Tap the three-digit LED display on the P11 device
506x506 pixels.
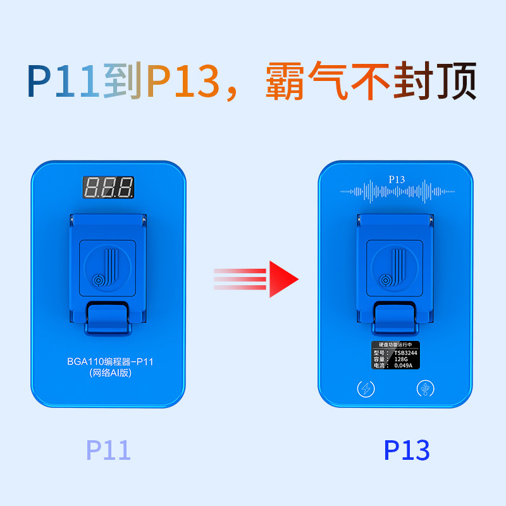109,187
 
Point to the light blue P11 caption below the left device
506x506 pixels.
108,450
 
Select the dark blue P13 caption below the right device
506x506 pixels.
407,450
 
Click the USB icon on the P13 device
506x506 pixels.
424,389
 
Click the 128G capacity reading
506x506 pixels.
400,359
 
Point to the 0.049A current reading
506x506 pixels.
403,366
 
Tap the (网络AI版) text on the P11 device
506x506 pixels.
109,374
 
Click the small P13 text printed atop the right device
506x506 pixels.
397,179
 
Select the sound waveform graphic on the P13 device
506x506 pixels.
397,190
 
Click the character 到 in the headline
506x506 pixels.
122,81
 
